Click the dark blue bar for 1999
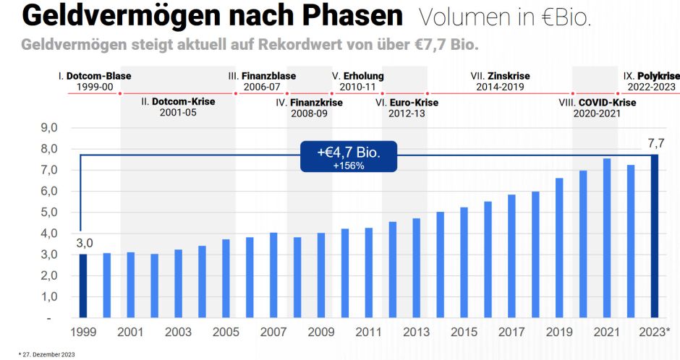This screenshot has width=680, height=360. pyautogui.click(x=83, y=286)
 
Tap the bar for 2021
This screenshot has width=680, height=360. pyautogui.click(x=607, y=239)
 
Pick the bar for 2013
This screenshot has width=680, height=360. pyautogui.click(x=417, y=268)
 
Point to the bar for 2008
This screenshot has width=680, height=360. pyautogui.click(x=297, y=278)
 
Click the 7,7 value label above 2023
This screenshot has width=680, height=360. pyautogui.click(x=655, y=142)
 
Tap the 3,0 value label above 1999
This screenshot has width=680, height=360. pyautogui.click(x=84, y=243)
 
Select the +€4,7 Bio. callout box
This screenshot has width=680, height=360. pyautogui.click(x=350, y=157)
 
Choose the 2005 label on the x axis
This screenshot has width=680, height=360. pyautogui.click(x=226, y=332)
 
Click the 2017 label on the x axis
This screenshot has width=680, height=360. pyautogui.click(x=511, y=332)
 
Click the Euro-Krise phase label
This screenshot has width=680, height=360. pyautogui.click(x=409, y=103)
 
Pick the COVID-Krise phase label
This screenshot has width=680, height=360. pyautogui.click(x=606, y=103)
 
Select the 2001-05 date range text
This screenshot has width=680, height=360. pyautogui.click(x=178, y=113)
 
